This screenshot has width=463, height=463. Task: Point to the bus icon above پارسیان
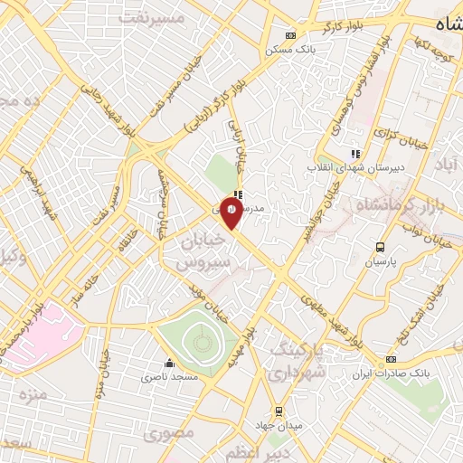[381, 246]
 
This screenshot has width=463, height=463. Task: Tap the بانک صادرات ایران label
[392, 373]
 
